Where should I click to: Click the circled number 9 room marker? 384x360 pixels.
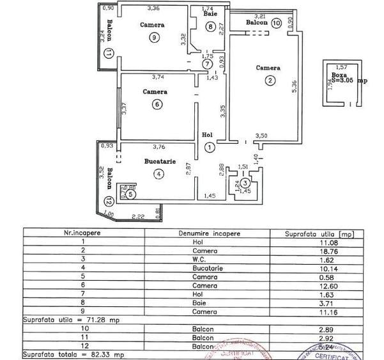point(153,38)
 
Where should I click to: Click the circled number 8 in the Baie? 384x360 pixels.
point(210,26)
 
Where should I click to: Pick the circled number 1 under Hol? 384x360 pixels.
point(210,147)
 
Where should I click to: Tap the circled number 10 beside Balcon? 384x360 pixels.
point(276,23)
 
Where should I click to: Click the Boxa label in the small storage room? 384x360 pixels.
point(339,74)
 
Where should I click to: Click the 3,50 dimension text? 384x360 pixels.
point(261,136)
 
